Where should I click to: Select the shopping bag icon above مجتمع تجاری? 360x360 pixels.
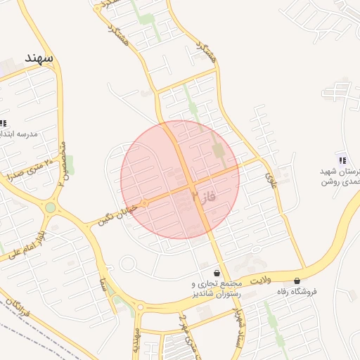pos(216,273)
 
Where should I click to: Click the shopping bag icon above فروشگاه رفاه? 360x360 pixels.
pos(297,280)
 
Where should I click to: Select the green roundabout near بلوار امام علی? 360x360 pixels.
pos(50,207)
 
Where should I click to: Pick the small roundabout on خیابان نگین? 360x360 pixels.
pos(145,202)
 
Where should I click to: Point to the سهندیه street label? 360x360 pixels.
pos(136,341)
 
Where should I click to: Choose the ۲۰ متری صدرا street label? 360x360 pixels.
pos(30,168)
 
